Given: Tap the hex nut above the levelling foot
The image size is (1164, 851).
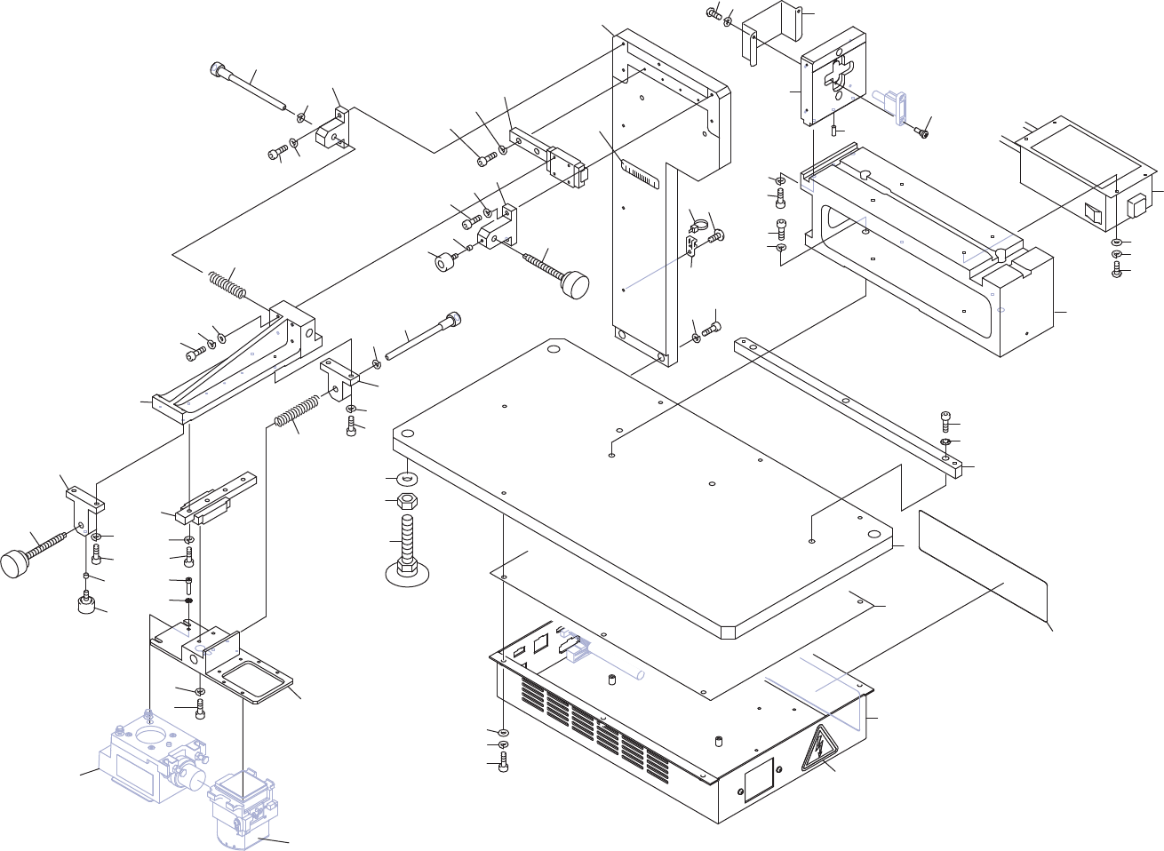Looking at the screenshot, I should click(x=407, y=503).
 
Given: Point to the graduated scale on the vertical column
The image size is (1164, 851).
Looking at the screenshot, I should click(x=641, y=173).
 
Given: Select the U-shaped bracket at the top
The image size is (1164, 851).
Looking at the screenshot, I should click(x=773, y=31).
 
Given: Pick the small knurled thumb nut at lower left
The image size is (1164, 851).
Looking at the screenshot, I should click(x=86, y=605).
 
